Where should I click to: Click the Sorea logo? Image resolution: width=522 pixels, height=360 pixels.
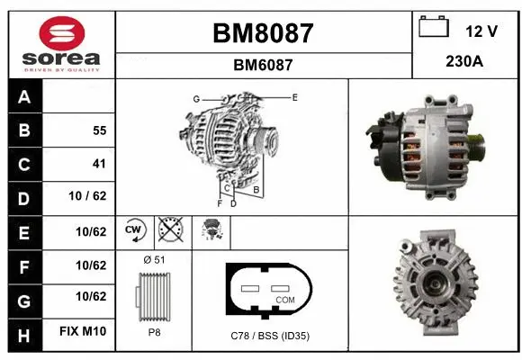[61, 44]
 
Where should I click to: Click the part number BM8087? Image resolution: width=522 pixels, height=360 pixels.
[263, 33]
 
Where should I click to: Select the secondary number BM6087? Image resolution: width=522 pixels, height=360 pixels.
[263, 65]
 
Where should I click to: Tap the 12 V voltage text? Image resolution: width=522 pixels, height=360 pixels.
[481, 31]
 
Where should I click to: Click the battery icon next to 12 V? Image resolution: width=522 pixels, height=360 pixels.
[433, 28]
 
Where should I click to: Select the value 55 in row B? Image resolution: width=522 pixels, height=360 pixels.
[99, 130]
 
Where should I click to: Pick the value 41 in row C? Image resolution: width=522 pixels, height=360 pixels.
[99, 164]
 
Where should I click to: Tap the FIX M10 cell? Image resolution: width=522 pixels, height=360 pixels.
[84, 332]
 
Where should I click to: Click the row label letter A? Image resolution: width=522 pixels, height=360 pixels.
[23, 97]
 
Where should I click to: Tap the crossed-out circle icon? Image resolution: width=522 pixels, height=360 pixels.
[169, 230]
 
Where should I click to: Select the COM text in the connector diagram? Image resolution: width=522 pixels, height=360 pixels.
[284, 299]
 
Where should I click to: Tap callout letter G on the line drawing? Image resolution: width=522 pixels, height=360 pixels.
[195, 98]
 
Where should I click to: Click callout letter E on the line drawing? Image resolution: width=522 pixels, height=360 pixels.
[294, 95]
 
